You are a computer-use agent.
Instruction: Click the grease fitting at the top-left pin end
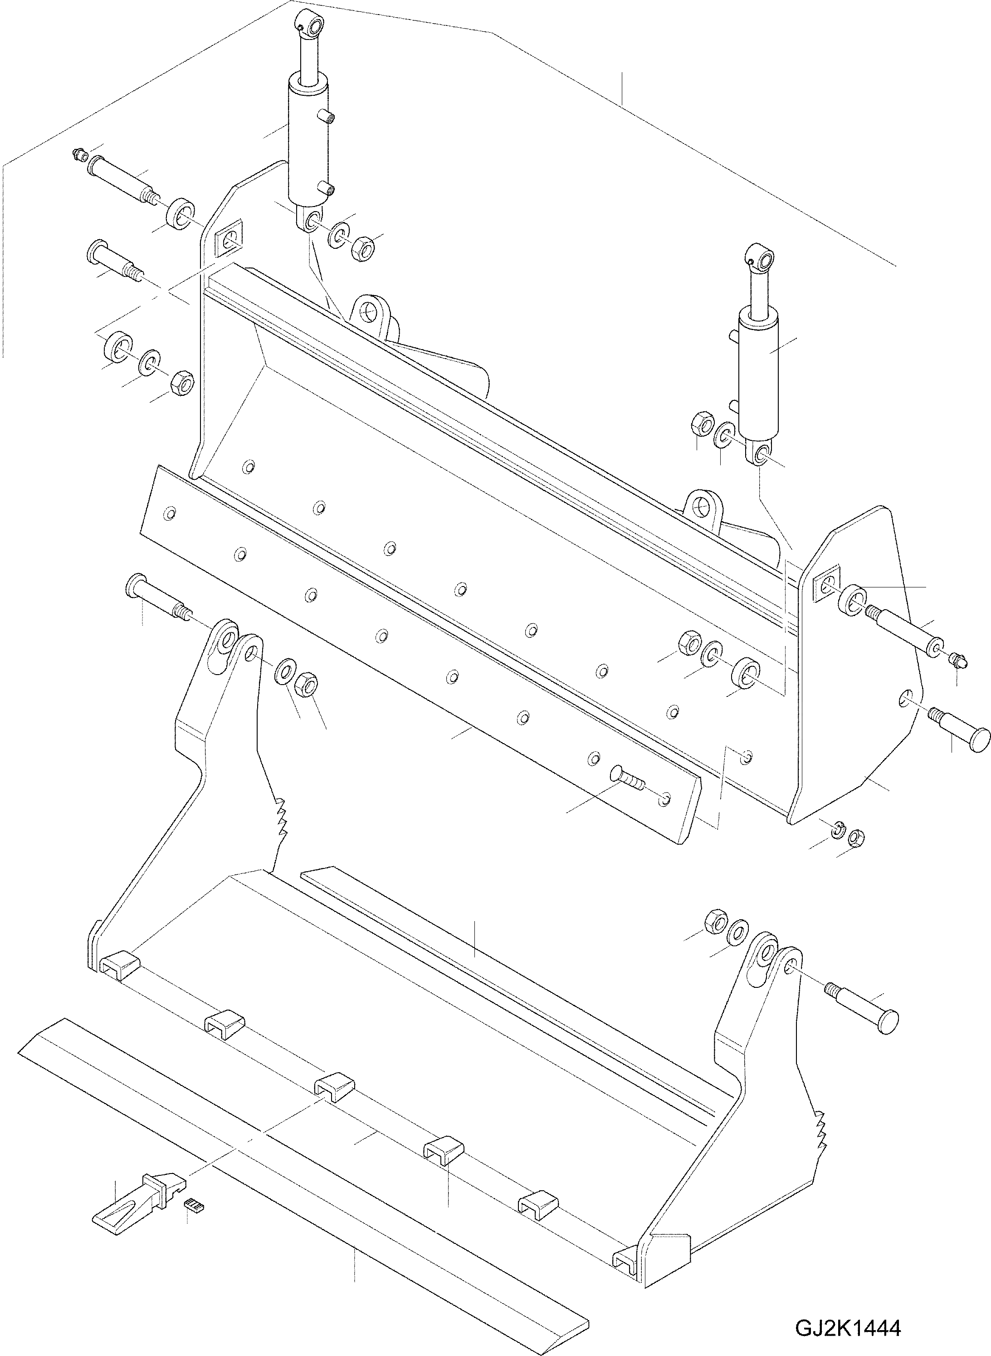pyautogui.click(x=78, y=154)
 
